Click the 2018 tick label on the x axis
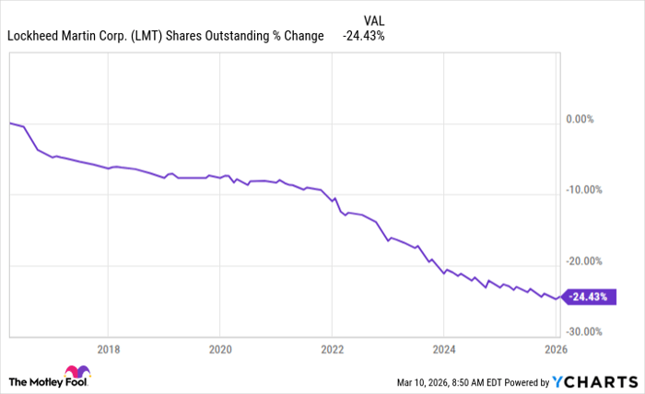tap(108, 349)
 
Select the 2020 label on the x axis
tap(219, 349)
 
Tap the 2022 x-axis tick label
tap(332, 349)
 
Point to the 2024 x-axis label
tap(443, 349)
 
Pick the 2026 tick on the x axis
tap(555, 349)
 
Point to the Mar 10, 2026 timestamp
tap(425, 382)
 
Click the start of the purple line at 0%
tap(10, 122)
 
